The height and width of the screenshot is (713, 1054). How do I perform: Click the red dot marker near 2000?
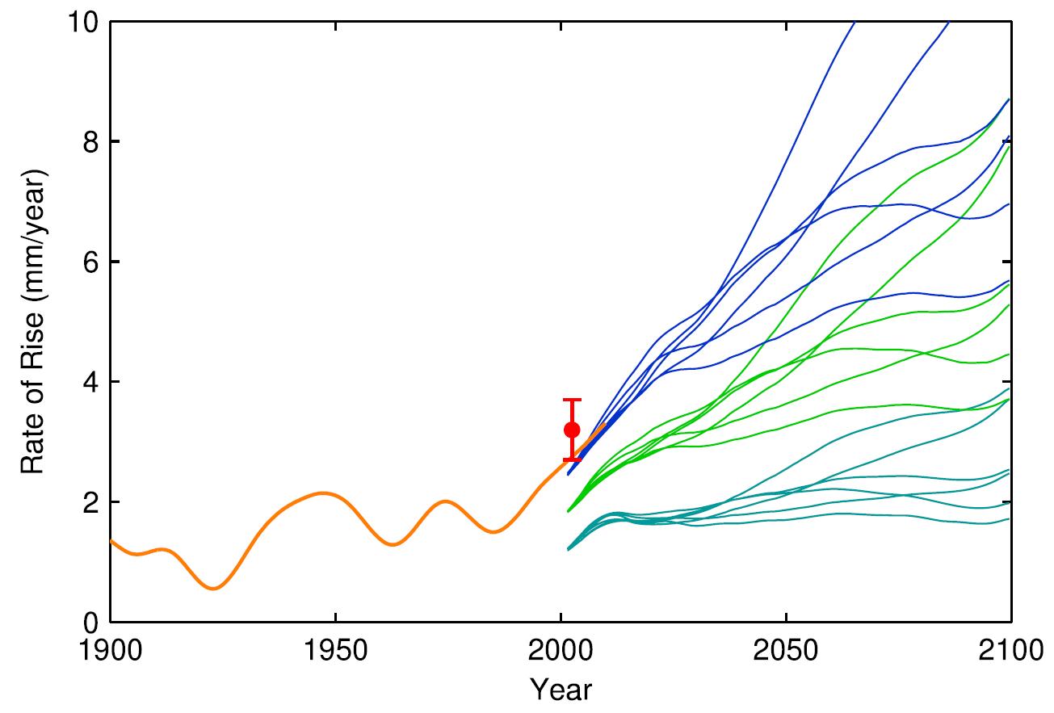(572, 430)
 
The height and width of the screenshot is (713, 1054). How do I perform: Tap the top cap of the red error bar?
(572, 400)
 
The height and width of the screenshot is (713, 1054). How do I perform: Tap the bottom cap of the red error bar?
(572, 459)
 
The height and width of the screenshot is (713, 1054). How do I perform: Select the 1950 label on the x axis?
(334, 652)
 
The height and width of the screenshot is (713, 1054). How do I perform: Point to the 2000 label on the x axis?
(560, 652)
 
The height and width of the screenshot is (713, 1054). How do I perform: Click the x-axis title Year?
(560, 690)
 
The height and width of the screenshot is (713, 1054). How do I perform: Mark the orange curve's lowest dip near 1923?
(213, 589)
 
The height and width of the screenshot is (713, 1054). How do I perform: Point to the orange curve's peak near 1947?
(322, 493)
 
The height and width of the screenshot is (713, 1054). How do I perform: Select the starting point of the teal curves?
(569, 549)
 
